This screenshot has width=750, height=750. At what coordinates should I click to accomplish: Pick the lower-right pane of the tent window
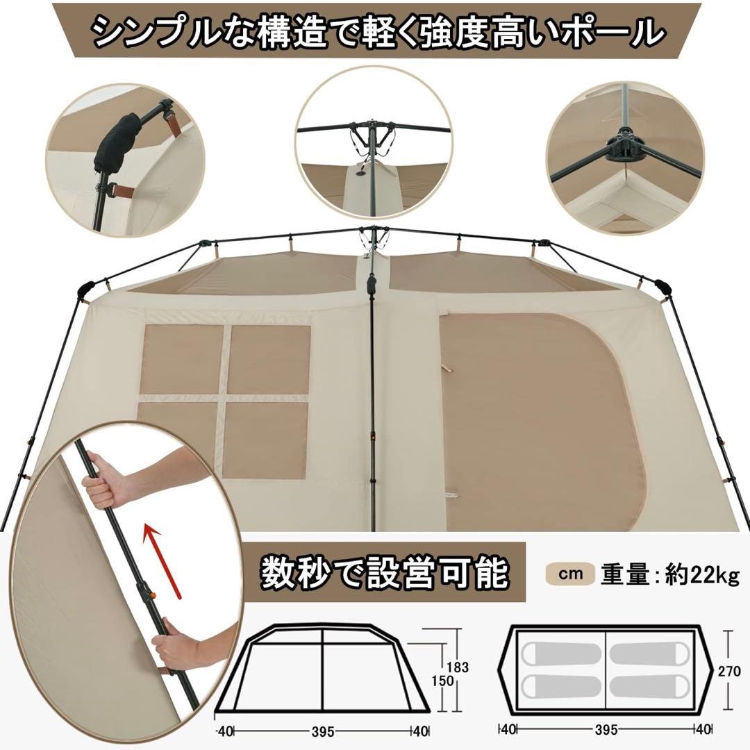(x=267, y=440)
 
